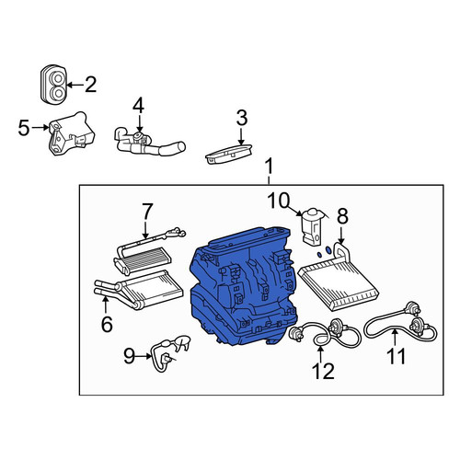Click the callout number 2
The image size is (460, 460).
click(x=91, y=85)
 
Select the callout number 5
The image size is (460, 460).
click(x=24, y=128)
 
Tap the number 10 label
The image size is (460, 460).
click(x=279, y=201)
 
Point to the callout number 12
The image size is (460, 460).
click(x=323, y=371)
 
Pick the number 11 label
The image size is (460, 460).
click(x=397, y=356)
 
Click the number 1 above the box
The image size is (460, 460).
click(x=269, y=167)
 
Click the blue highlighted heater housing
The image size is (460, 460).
click(x=244, y=287)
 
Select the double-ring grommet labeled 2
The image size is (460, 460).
click(x=53, y=84)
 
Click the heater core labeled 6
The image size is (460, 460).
click(x=139, y=289)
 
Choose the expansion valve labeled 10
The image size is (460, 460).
click(x=312, y=226)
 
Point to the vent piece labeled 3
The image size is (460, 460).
click(x=229, y=155)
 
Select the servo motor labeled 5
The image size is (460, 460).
click(x=72, y=133)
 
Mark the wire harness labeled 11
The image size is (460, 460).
click(x=400, y=325)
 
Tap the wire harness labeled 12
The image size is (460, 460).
click(x=325, y=333)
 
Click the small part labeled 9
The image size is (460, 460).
click(x=169, y=353)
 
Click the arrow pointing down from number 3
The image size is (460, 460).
click(x=241, y=136)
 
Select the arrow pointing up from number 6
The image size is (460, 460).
click(x=106, y=305)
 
